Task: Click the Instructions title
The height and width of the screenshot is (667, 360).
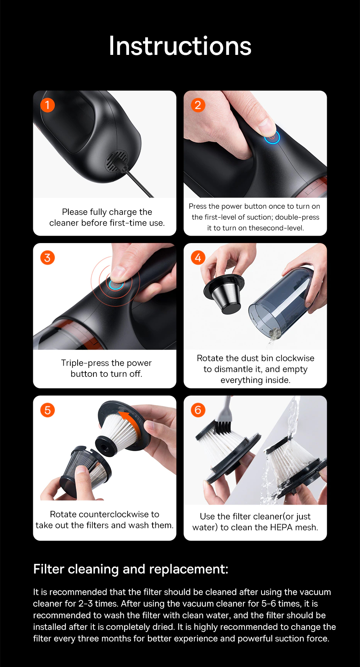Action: (x=180, y=46)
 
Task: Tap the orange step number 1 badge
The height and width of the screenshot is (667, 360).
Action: (x=48, y=105)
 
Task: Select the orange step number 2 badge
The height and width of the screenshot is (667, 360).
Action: (x=198, y=105)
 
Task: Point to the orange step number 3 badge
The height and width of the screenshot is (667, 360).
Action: (x=48, y=258)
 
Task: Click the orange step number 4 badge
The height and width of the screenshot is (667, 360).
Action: (x=198, y=258)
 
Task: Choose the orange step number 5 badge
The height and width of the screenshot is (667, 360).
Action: (x=48, y=410)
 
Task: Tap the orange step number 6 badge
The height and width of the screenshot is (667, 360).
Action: (x=198, y=410)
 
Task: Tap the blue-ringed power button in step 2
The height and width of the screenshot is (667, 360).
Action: (x=272, y=137)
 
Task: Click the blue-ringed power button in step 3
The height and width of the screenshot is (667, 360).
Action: (x=116, y=285)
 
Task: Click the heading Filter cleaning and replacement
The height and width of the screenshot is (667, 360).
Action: (x=131, y=569)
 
